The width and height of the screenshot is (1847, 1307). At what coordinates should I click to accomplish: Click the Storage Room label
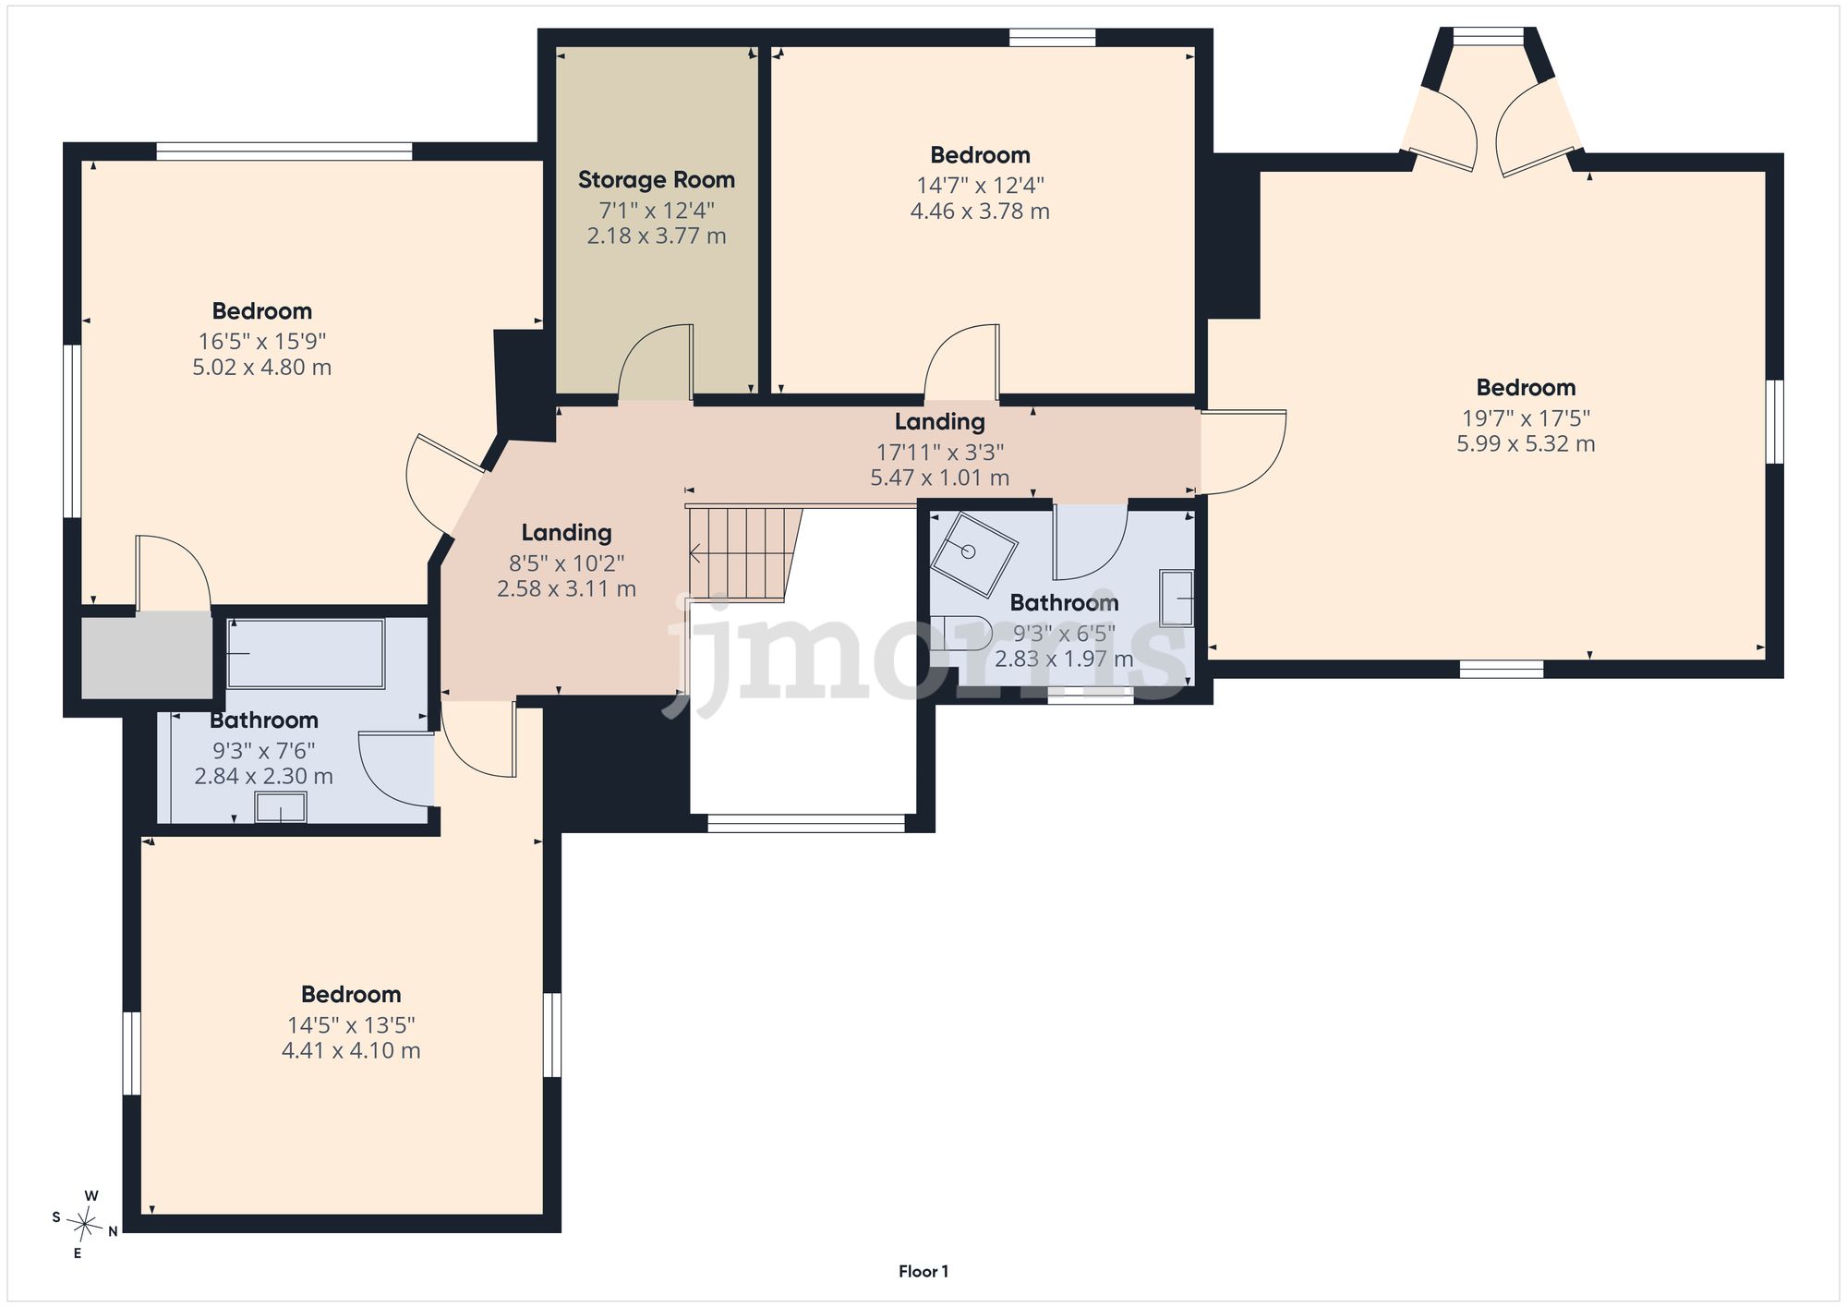(657, 180)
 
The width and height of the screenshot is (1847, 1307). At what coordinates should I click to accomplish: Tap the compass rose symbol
(86, 1225)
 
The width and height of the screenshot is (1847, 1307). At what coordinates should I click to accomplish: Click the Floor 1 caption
(923, 1271)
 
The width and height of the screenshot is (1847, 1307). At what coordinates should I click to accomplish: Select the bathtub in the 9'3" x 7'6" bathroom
(306, 654)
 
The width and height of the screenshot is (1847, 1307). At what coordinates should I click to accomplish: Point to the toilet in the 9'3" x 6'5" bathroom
(960, 634)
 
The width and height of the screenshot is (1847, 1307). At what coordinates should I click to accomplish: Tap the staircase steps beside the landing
(742, 553)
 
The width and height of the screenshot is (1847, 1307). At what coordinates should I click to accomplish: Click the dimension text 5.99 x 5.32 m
(1526, 444)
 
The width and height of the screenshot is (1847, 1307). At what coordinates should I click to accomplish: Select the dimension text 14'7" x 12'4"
(980, 186)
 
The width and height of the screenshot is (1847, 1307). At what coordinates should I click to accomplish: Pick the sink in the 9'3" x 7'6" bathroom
(281, 806)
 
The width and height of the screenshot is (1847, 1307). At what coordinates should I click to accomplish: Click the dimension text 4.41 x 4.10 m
(351, 1051)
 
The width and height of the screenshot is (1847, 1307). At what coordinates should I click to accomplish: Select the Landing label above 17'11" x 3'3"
(939, 422)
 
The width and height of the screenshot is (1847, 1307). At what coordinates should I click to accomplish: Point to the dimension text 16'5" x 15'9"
(262, 342)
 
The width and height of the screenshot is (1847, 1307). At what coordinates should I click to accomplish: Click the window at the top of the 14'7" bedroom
(1052, 38)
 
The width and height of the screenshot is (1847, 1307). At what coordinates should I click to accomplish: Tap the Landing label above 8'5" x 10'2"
(566, 533)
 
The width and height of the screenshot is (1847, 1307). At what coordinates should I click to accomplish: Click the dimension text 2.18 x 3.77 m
(657, 236)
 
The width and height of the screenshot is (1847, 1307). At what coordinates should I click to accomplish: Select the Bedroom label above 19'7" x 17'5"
(1526, 388)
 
